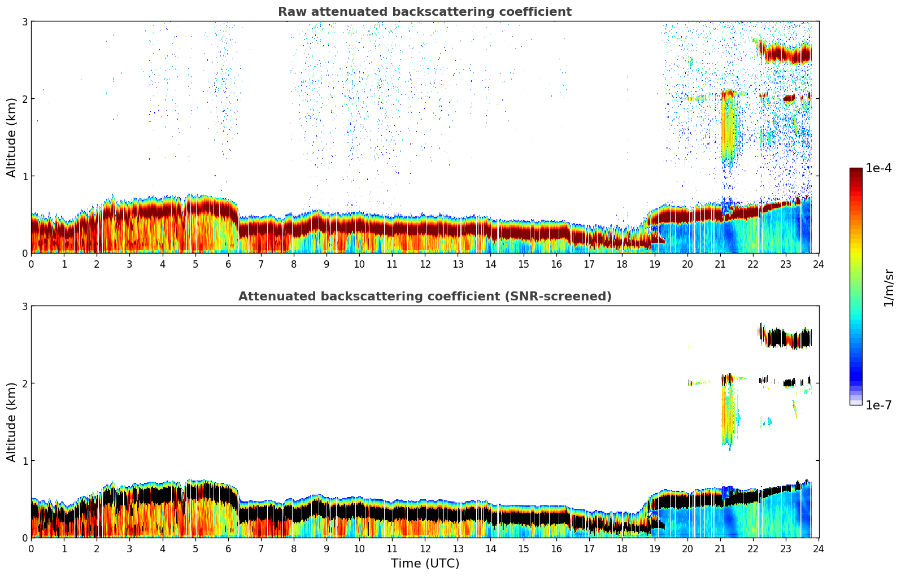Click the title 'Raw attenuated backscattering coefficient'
424,12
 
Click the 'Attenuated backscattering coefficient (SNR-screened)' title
424,296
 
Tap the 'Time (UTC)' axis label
425,564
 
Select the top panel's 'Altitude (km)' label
12,137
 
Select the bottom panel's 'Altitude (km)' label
12,422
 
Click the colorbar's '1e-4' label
878,168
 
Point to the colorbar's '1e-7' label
878,405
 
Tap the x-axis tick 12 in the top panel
425,264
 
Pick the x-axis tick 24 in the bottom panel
819,548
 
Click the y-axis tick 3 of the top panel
24,21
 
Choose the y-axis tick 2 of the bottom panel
24,383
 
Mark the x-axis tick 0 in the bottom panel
31,548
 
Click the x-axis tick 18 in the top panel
622,264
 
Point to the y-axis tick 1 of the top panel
24,176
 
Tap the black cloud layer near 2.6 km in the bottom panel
785,339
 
